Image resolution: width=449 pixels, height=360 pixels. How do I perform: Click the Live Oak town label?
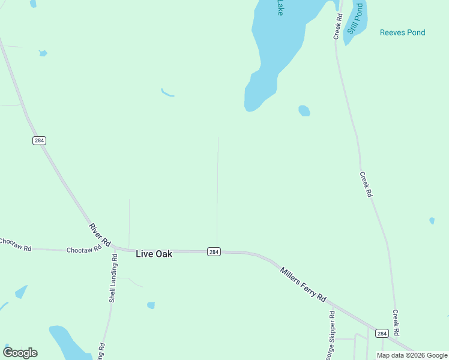154,254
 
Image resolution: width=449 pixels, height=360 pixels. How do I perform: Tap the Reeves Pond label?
402,32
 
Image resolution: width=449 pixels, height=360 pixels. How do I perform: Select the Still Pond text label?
355,19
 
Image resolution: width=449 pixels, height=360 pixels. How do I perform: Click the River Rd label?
100,235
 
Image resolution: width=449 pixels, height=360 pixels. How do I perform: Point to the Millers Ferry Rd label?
303,284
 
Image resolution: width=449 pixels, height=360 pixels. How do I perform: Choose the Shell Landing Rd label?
112,278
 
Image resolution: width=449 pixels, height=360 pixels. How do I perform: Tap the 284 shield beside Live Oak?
214,252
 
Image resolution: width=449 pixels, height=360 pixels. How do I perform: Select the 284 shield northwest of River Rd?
39,140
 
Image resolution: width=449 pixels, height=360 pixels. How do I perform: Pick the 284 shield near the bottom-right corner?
381,333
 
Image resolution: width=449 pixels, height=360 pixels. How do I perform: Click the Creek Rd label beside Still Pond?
339,27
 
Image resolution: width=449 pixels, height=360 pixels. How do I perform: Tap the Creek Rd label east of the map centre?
366,185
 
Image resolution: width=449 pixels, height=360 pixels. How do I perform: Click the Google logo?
20,353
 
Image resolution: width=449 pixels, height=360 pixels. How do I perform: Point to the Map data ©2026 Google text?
412,355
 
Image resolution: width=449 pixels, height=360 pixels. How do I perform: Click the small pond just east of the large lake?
304,110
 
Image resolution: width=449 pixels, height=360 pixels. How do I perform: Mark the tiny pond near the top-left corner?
43,53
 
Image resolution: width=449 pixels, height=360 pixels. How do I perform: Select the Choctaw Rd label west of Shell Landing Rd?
82,250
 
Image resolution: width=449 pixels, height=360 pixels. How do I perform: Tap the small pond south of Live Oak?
151,305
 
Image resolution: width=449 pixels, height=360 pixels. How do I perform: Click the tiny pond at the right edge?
432,221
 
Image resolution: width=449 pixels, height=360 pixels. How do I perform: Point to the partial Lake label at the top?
279,7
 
